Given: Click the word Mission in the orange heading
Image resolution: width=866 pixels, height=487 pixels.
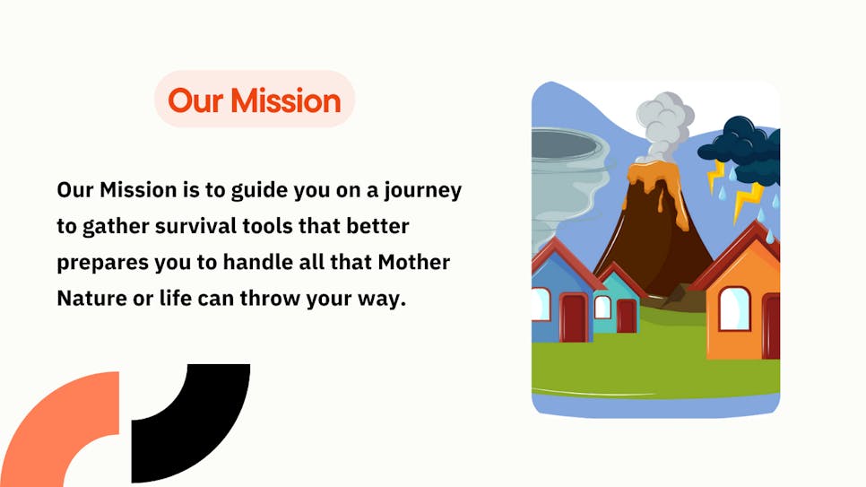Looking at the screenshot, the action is coord(286,100).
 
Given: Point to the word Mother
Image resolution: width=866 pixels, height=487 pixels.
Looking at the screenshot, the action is coord(413,262).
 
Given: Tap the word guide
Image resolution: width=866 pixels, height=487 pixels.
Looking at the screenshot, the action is coord(260,191).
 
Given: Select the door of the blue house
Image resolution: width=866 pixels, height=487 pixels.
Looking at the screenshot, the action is coord(573,317).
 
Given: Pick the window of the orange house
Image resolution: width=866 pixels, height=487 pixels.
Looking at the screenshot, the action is coord(734,309).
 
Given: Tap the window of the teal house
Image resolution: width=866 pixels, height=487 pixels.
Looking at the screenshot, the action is coord(602,308).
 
